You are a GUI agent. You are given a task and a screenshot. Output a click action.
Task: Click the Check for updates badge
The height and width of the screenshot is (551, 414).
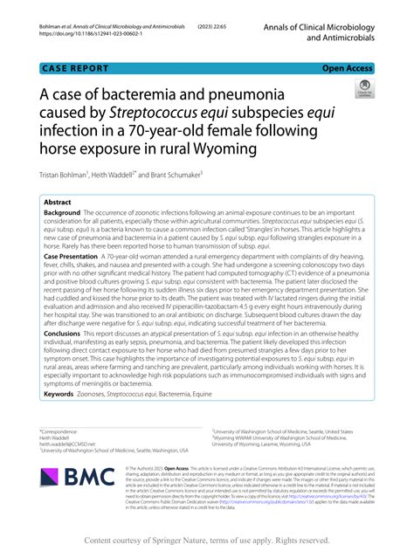363,90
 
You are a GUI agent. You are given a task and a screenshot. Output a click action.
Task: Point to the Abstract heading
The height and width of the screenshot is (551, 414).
59,202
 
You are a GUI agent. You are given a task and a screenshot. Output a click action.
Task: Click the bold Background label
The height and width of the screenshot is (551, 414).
62,213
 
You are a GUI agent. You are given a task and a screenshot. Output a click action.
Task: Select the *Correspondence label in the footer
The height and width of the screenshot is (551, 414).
57,430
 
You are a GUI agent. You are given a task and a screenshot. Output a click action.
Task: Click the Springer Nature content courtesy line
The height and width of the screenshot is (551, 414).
206,541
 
